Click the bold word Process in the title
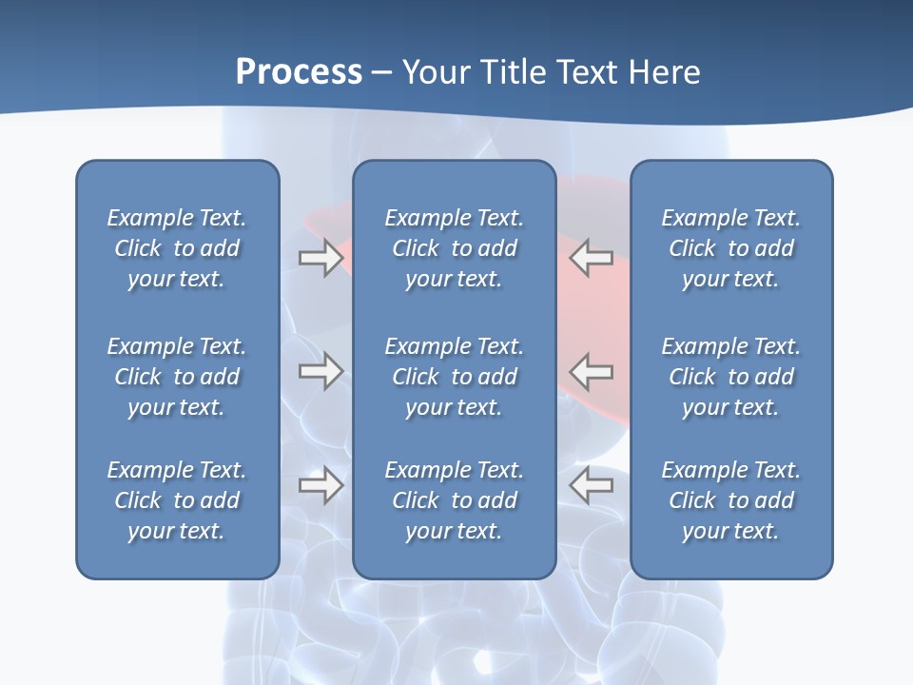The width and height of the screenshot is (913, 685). click(299, 72)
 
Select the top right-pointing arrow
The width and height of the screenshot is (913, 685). click(321, 258)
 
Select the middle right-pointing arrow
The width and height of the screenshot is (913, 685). click(321, 370)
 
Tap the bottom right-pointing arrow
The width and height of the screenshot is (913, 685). click(321, 485)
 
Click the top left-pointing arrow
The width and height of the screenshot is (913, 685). click(592, 258)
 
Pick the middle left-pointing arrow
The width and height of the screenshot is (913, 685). click(592, 370)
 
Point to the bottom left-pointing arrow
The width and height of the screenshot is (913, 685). click(592, 485)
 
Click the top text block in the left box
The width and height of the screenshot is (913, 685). click(177, 248)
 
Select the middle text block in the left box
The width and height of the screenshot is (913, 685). click(177, 377)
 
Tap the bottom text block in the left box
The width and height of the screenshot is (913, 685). click(177, 500)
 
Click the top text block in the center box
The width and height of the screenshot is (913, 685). click(454, 248)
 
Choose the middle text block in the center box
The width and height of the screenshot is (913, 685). click(454, 377)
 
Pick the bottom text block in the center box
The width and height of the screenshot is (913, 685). click(454, 500)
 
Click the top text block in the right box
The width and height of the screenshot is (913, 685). click(730, 248)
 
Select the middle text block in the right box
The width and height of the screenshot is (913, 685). click(730, 377)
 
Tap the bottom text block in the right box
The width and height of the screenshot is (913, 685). click(730, 500)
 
